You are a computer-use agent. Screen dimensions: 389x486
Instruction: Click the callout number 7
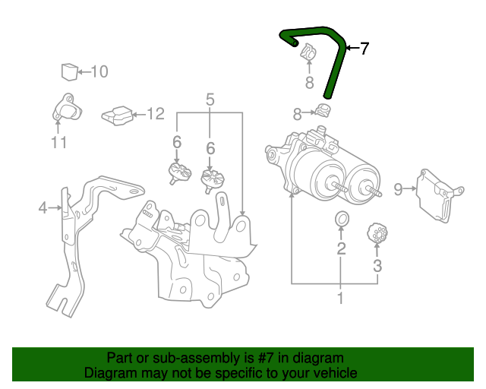click(x=364, y=49)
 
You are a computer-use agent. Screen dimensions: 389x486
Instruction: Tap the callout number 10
click(x=99, y=71)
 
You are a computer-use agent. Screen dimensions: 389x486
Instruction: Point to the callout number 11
click(x=59, y=142)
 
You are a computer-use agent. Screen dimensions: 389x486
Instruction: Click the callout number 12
click(x=155, y=114)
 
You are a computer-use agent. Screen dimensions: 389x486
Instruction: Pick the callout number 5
click(x=210, y=98)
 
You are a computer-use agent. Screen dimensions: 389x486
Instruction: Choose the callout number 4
click(x=43, y=207)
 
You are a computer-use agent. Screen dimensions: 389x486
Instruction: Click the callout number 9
click(x=397, y=188)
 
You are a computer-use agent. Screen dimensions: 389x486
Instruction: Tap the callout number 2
click(x=342, y=248)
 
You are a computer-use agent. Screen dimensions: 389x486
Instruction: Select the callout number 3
click(x=377, y=266)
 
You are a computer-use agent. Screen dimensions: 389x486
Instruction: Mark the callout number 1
click(x=339, y=299)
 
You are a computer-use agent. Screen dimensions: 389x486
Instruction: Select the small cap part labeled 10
click(x=69, y=71)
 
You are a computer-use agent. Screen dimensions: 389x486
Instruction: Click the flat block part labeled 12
click(x=116, y=115)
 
